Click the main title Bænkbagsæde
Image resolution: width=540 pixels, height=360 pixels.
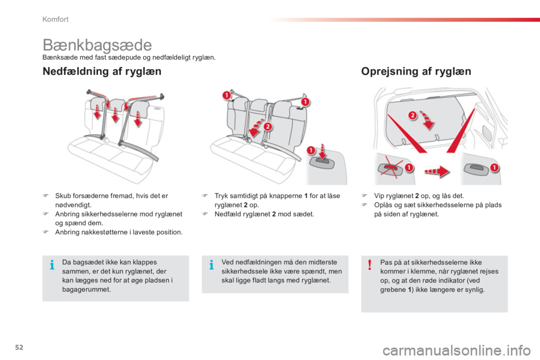(97, 46)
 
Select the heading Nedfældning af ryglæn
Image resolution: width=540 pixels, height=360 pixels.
(102, 71)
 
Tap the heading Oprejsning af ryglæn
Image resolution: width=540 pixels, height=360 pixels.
(416, 71)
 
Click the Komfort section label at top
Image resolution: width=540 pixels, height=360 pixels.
(56, 19)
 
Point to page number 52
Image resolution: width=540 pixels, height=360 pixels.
(19, 347)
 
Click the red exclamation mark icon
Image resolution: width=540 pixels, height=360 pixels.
(370, 264)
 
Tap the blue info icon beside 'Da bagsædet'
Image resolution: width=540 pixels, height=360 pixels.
(52, 265)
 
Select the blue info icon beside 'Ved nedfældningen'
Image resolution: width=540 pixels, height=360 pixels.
(211, 265)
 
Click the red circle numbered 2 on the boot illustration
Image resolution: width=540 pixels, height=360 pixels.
(412, 115)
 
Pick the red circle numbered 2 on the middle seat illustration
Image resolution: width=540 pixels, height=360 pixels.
(268, 127)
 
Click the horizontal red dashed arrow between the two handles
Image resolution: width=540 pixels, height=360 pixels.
(437, 171)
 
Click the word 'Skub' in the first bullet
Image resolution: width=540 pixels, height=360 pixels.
(62, 196)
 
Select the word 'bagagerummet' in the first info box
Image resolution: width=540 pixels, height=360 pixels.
(85, 290)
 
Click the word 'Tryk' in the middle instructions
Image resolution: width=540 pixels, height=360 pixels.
(221, 196)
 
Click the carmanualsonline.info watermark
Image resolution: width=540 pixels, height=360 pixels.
(457, 351)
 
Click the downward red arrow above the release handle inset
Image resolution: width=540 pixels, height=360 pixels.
(322, 152)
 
